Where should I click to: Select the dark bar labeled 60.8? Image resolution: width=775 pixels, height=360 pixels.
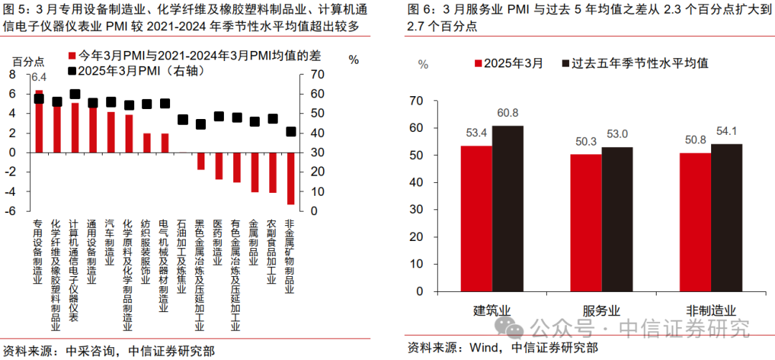507,211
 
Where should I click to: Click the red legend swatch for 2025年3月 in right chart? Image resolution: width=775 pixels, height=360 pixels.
477,63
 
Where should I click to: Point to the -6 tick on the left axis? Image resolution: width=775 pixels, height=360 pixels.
12,211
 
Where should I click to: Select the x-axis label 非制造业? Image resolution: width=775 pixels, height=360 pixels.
712,311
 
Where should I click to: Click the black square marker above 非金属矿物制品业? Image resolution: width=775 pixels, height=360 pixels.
291,132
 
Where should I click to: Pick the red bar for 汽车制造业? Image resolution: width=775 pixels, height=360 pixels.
111,132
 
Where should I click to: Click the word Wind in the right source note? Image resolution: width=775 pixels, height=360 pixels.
484,348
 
